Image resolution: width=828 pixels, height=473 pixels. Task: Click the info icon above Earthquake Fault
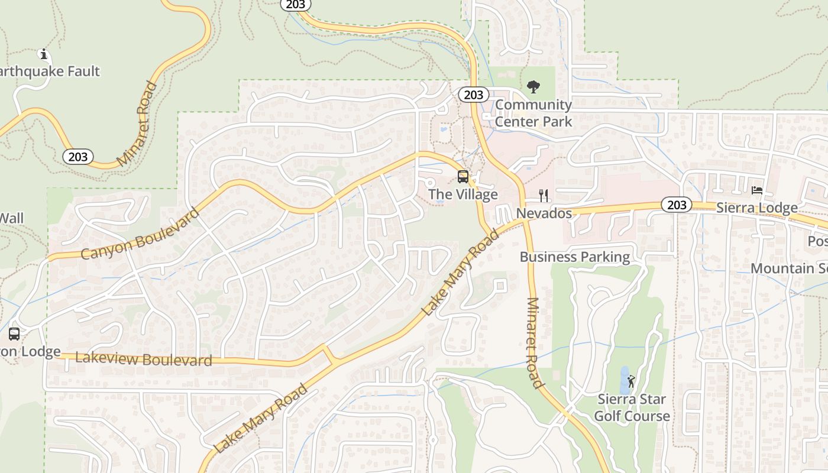click(x=43, y=54)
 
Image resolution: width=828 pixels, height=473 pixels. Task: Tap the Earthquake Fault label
click(x=50, y=72)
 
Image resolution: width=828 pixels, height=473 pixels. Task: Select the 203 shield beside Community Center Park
click(x=473, y=95)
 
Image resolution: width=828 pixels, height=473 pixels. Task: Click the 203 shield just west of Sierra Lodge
click(x=676, y=205)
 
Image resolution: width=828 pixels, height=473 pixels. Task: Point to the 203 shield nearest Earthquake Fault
click(x=77, y=157)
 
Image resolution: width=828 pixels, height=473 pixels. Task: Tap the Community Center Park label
click(x=533, y=113)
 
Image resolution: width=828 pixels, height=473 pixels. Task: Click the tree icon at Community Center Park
click(x=533, y=88)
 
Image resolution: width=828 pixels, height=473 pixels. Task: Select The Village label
click(x=463, y=195)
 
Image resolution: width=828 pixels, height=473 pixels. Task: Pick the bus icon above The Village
click(x=463, y=177)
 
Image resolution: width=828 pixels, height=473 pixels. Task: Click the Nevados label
click(x=544, y=213)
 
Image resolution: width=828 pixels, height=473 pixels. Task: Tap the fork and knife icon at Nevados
click(x=544, y=196)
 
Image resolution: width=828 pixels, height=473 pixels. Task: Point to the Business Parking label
click(x=575, y=257)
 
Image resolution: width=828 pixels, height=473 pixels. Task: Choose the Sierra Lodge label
click(x=756, y=208)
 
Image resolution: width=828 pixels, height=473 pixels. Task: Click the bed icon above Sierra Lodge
click(x=757, y=190)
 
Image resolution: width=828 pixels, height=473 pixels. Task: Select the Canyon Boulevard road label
click(x=140, y=234)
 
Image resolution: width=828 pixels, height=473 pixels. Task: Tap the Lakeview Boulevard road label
click(x=144, y=359)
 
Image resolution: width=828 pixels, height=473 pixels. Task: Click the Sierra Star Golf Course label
click(x=632, y=407)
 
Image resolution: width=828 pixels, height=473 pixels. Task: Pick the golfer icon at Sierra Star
click(x=631, y=381)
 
